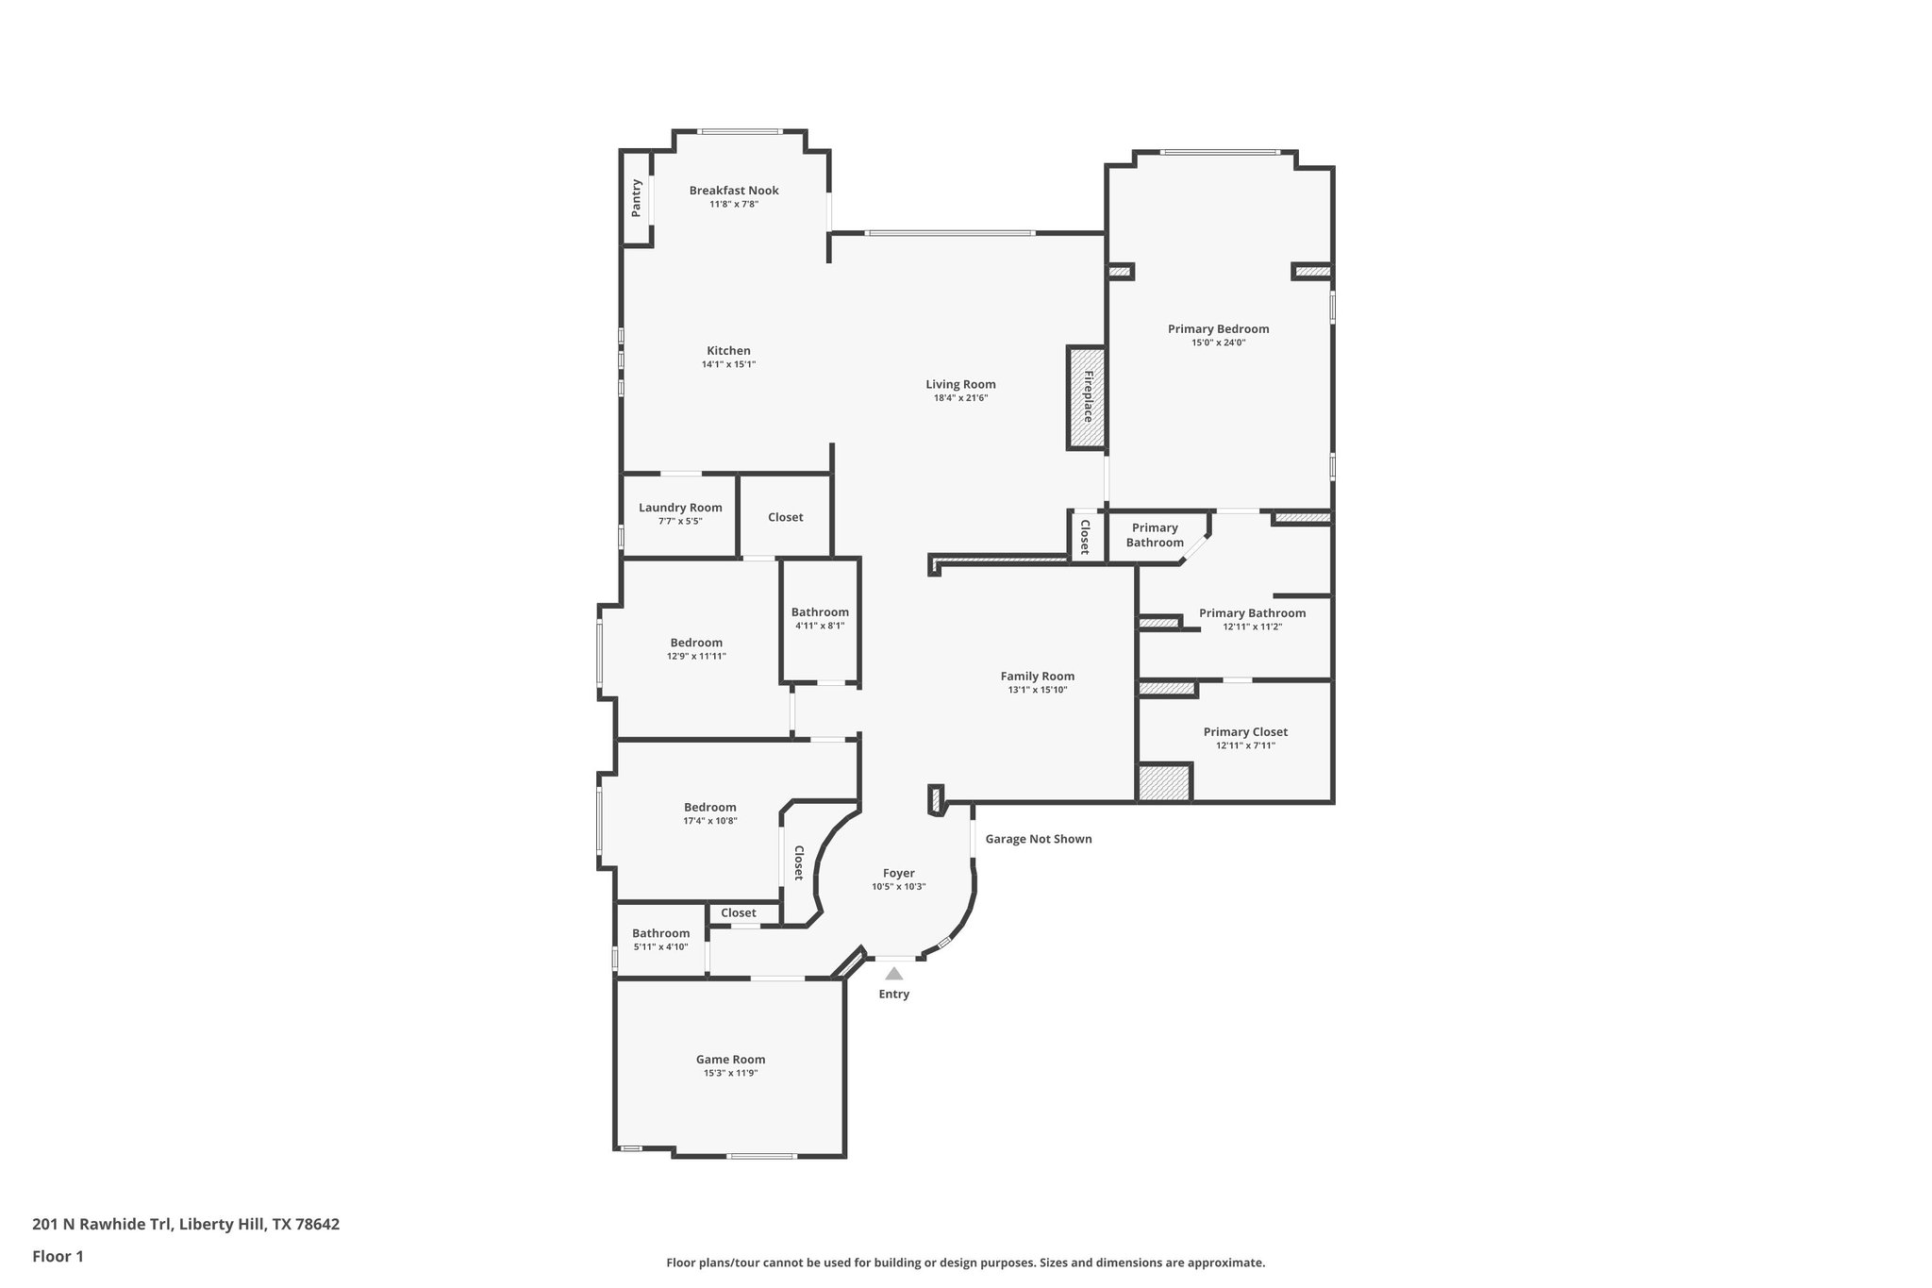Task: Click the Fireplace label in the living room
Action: [1087, 396]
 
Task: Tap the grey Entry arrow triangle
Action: [893, 973]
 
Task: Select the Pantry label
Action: [637, 198]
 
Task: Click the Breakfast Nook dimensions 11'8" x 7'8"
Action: [734, 204]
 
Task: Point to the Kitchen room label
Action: [728, 351]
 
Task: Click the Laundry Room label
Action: [680, 508]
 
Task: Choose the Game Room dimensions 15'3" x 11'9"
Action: [730, 1073]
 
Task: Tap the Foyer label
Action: [898, 873]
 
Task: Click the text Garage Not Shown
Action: [1038, 839]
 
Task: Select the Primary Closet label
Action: [1244, 732]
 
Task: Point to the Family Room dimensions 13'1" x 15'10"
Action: [1037, 690]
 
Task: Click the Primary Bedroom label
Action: [1218, 329]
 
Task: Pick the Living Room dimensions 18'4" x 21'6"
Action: [960, 398]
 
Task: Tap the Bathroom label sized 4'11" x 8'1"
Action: [820, 612]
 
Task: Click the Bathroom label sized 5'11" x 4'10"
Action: [660, 933]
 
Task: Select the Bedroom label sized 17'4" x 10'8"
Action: [709, 808]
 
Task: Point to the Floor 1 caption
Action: [58, 1256]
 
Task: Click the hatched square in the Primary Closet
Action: [1164, 783]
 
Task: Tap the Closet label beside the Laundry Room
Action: [785, 517]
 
